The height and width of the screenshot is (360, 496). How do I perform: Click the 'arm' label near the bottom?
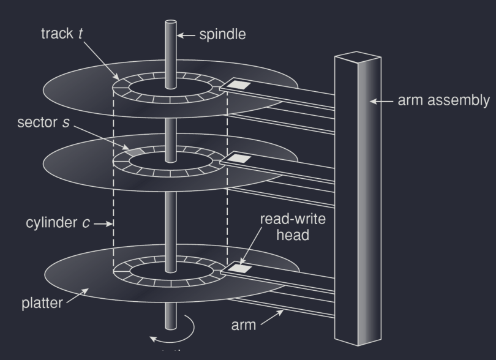[x=242, y=324]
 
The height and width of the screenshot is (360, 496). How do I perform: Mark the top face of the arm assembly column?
[x=358, y=59]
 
